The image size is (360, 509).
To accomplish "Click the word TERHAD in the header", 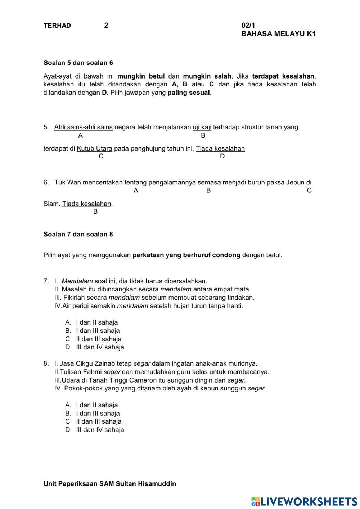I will (x=57, y=26).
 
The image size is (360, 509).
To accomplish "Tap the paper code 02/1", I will (x=248, y=26).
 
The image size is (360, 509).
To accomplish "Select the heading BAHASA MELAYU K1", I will (x=278, y=34).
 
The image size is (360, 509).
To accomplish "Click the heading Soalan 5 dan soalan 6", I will (x=78, y=63).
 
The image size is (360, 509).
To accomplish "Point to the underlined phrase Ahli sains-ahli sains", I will (x=83, y=127).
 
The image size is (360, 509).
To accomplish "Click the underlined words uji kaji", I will (x=202, y=127).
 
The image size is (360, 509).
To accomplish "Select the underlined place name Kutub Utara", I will (x=94, y=148).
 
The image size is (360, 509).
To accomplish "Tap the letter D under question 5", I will (x=222, y=156).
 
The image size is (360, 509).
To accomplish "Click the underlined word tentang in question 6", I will (x=135, y=182).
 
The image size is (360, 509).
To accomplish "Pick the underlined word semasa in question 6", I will (x=209, y=182).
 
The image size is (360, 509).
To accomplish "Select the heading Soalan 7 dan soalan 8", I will (x=78, y=234).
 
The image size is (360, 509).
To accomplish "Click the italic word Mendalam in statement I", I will (x=77, y=281).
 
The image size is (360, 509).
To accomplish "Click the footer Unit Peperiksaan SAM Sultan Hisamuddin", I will (x=110, y=484).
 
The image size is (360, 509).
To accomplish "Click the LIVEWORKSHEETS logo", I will (x=304, y=501).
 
